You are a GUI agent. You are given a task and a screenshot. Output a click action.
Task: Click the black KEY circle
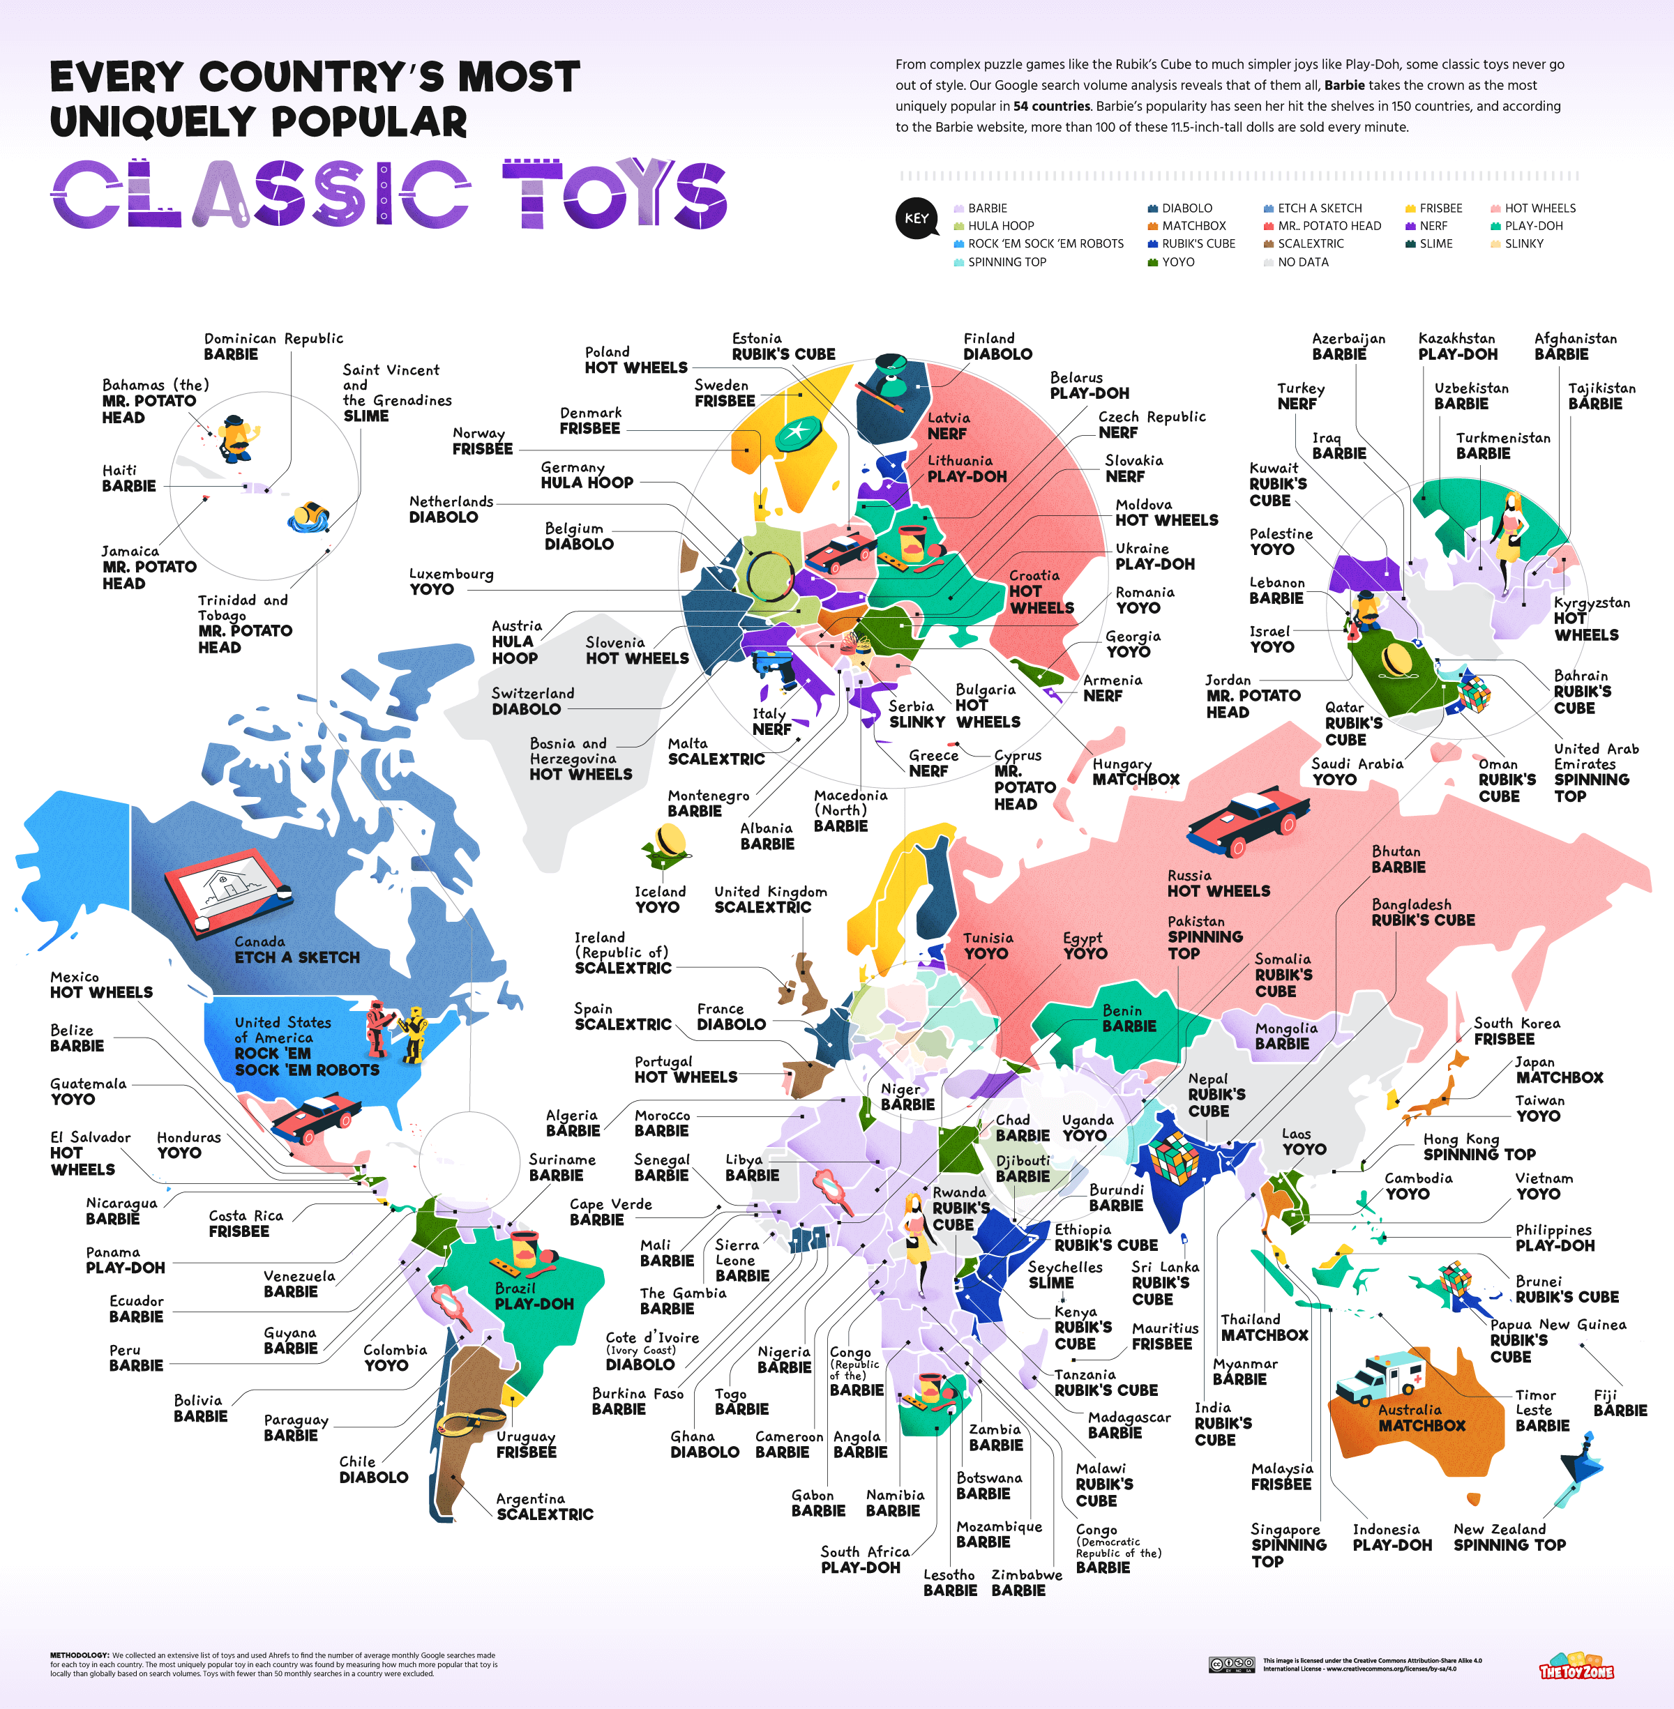click(916, 218)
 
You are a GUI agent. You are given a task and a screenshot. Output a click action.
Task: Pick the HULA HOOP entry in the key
click(1000, 226)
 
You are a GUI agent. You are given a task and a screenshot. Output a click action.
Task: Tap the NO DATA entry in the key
click(1302, 262)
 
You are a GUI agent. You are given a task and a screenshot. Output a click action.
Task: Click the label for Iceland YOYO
click(659, 899)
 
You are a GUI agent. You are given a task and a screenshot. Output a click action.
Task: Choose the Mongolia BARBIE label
click(1285, 1035)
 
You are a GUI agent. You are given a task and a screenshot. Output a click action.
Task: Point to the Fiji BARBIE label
click(1620, 1402)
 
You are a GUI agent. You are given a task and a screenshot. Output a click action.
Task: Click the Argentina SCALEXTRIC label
click(544, 1506)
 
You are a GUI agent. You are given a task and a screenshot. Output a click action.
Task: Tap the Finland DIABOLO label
click(997, 347)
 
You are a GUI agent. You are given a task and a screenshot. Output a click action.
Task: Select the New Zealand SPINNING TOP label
click(1509, 1537)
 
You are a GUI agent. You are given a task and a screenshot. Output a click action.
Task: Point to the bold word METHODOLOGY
click(79, 1655)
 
